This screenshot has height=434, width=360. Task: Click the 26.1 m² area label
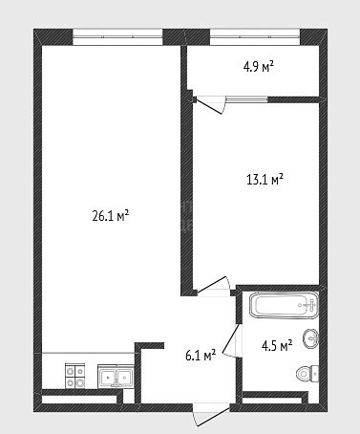pos(110,216)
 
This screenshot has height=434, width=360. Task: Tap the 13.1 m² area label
pos(265,180)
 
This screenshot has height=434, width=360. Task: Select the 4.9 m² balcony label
pos(259,67)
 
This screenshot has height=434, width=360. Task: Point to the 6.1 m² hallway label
pos(201,355)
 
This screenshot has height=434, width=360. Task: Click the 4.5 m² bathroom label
pos(277,345)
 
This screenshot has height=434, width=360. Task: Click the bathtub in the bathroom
pos(284,305)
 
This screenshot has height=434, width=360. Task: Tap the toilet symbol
pos(307,373)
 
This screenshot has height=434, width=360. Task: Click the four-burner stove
pos(75,376)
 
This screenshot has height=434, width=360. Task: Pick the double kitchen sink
pos(116,376)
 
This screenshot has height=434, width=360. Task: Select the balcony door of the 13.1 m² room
pos(209,104)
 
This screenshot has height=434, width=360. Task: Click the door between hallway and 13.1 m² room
pos(213,285)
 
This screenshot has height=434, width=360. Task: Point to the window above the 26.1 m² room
pos(117,37)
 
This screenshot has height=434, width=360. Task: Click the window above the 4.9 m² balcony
pos(255,37)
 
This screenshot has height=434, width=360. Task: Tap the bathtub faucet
pos(310,305)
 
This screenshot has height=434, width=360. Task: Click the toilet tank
pos(315,373)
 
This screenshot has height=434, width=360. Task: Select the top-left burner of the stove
pos(70,371)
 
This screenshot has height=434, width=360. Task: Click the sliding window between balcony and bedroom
pos(247,99)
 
